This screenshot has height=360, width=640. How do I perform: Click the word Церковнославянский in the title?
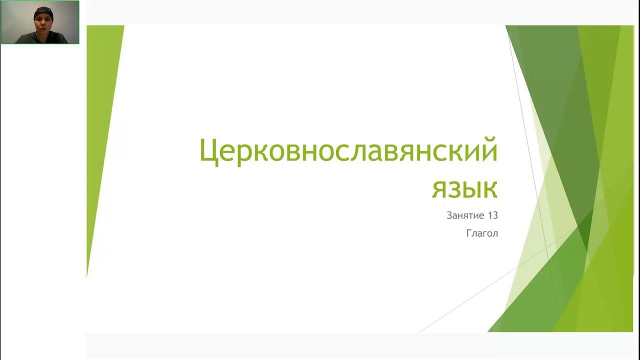pos(348,151)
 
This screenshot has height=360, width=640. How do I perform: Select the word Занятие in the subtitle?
pos(465,216)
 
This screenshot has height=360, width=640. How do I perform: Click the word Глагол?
pos(482,233)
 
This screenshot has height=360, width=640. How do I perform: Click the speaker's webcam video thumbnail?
pos(40,22)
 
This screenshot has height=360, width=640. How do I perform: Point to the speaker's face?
pos(43,22)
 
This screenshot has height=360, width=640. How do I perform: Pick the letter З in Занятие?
pos(449,216)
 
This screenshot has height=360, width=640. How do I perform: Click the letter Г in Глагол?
pos(469,233)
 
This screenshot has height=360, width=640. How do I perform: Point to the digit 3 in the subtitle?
pos(495,216)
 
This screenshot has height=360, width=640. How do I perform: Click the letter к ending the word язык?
pos(489,189)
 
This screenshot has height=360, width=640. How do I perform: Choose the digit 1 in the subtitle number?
pos(489,216)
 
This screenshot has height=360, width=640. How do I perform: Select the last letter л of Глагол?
pos(495,234)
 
